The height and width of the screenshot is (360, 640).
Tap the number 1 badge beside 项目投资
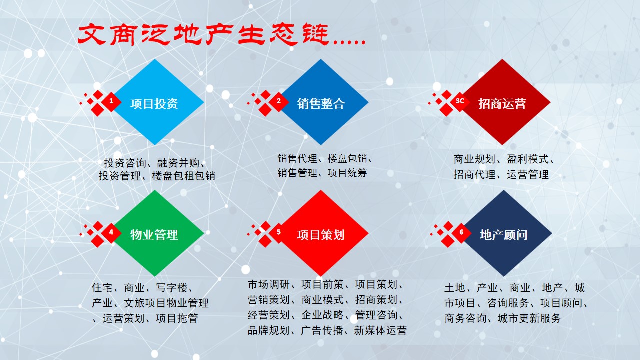pyautogui.click(x=111, y=102)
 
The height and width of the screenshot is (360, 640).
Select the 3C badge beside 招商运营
pyautogui.click(x=460, y=101)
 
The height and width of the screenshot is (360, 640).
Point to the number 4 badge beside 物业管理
pyautogui.click(x=111, y=232)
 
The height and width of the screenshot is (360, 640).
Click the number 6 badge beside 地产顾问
pyautogui.click(x=461, y=232)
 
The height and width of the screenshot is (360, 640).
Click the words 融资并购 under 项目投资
pyautogui.click(x=178, y=163)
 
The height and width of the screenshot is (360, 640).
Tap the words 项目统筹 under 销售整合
pyautogui.click(x=348, y=173)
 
